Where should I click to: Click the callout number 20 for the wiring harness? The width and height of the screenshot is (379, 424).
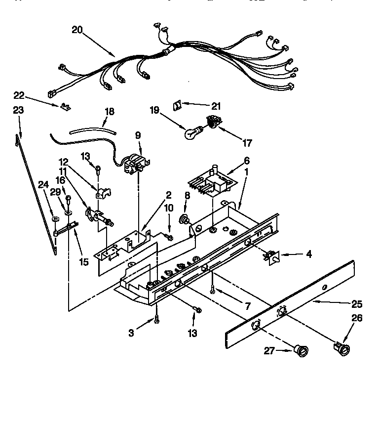click(77, 30)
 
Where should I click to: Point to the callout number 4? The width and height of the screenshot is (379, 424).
click(308, 255)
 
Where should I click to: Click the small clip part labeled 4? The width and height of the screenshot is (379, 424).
click(271, 255)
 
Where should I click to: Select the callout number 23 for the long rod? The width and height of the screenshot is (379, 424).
click(18, 111)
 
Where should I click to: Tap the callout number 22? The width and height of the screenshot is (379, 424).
click(18, 95)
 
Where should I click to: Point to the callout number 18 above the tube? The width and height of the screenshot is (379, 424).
click(109, 112)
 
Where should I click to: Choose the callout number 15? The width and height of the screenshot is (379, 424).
click(84, 261)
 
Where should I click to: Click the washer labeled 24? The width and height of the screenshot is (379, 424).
click(52, 217)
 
